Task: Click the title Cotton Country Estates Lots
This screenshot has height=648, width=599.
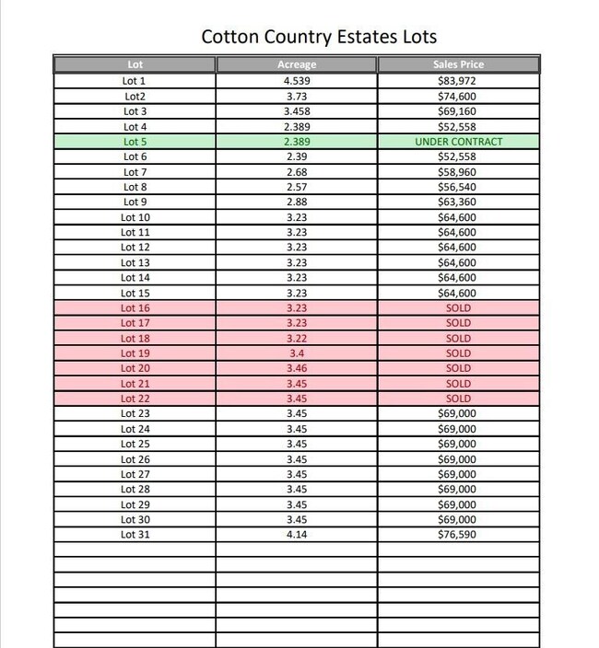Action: point(319,38)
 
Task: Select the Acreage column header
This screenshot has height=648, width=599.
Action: point(296,65)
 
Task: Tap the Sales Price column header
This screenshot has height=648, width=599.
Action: point(458,65)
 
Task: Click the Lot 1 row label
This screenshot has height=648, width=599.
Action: point(135,81)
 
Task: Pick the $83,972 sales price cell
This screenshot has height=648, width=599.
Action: point(458,81)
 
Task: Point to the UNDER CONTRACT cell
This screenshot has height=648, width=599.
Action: point(458,142)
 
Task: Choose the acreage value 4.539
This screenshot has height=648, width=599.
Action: point(296,81)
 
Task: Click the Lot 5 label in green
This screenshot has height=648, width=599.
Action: point(135,142)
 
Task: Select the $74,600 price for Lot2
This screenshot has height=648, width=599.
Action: point(458,96)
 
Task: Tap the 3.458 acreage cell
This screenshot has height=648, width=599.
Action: point(296,111)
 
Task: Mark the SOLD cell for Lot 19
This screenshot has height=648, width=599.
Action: point(458,353)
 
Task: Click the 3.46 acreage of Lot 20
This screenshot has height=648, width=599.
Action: point(296,368)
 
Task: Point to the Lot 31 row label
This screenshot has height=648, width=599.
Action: point(135,535)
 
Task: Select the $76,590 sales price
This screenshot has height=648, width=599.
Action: point(458,535)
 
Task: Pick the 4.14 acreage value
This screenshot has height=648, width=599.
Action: point(296,535)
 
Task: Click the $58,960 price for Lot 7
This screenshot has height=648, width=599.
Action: point(458,172)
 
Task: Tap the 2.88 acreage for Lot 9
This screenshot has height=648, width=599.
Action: point(296,202)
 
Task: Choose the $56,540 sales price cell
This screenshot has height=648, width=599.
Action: point(458,187)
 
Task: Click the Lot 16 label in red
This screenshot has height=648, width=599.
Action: point(135,308)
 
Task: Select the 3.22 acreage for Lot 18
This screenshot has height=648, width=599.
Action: point(296,339)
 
